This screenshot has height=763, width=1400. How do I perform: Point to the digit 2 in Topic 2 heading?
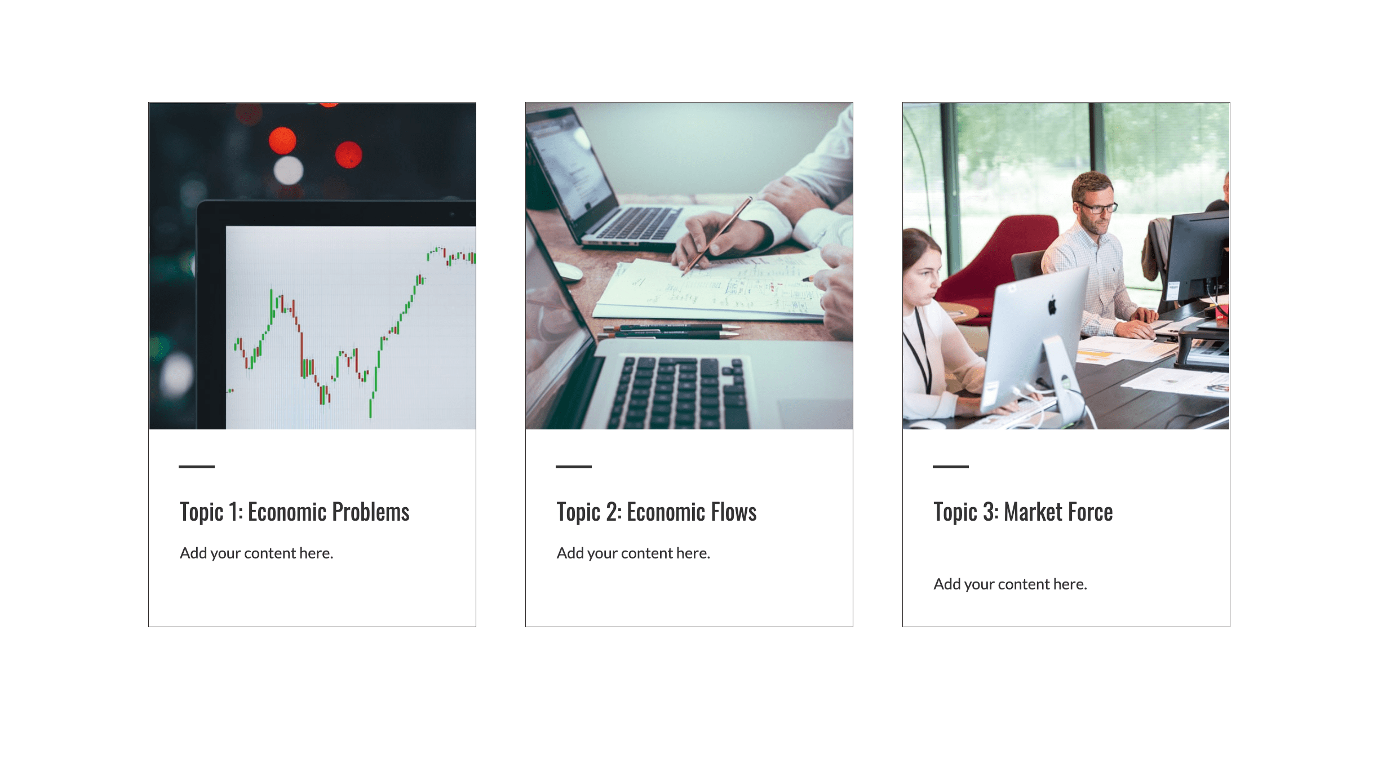point(611,512)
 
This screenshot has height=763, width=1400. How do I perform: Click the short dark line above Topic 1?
point(197,467)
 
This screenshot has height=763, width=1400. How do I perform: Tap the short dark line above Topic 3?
point(951,467)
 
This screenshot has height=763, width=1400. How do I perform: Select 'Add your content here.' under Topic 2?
point(633,553)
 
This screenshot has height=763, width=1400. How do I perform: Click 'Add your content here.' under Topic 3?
point(1011,584)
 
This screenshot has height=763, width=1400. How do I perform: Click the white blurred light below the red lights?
point(289,170)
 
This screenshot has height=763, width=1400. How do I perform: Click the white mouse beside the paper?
point(568,272)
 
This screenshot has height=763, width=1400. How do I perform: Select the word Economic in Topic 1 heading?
point(287,512)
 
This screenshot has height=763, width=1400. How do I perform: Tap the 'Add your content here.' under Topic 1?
point(256,553)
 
